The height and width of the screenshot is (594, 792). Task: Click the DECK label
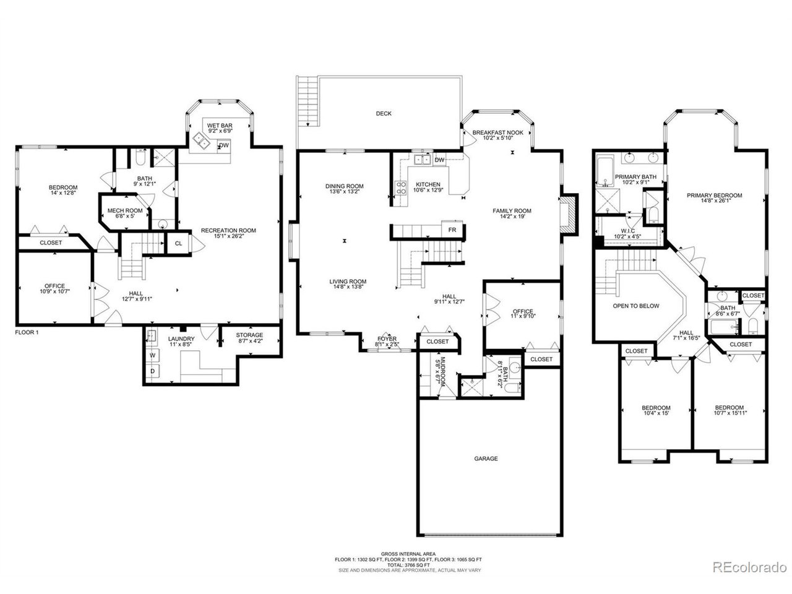click(384, 113)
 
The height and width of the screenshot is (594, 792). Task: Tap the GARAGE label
click(486, 458)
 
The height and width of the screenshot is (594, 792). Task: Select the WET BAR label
click(220, 124)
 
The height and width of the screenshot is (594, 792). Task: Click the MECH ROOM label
click(125, 210)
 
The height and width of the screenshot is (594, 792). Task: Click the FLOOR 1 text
click(27, 332)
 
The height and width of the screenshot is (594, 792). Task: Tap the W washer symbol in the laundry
click(152, 355)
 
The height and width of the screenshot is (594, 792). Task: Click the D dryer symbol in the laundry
click(152, 371)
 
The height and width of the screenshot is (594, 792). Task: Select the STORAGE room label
click(249, 335)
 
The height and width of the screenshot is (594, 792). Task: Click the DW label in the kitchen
click(439, 160)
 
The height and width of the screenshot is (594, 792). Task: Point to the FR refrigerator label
click(452, 230)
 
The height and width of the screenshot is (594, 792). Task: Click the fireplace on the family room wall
click(569, 213)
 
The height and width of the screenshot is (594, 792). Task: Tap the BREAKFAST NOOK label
click(497, 132)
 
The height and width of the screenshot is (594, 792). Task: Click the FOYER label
click(387, 338)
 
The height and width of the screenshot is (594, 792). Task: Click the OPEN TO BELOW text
click(635, 306)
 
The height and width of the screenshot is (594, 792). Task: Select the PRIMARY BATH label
click(635, 177)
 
